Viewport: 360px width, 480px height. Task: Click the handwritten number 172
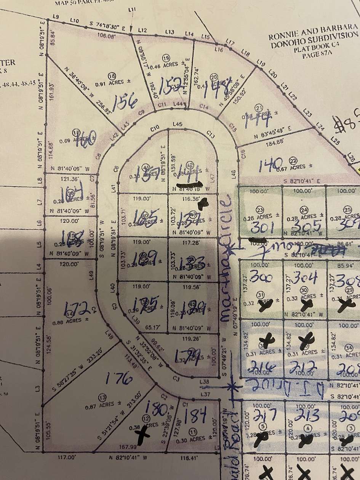click(x=77, y=307)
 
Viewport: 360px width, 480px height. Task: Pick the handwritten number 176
click(x=120, y=379)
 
